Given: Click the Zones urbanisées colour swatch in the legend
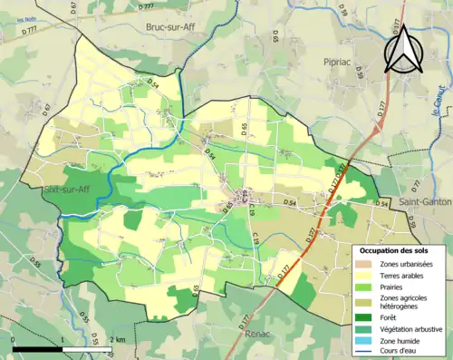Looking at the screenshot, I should (x=364, y=263).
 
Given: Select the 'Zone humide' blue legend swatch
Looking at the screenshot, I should (x=364, y=339).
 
